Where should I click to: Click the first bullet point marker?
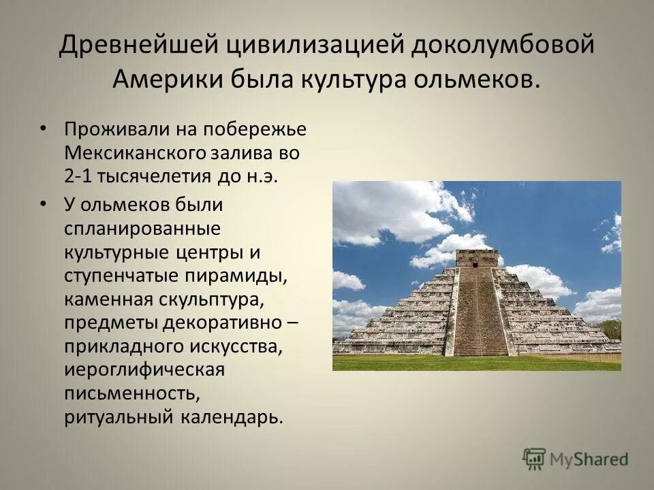pyautogui.click(x=43, y=127)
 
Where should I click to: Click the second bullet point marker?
pyautogui.click(x=43, y=203)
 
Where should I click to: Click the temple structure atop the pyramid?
pyautogui.click(x=476, y=258)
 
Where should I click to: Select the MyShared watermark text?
pyautogui.click(x=590, y=459)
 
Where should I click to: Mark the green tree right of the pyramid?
pyautogui.click(x=611, y=329)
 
